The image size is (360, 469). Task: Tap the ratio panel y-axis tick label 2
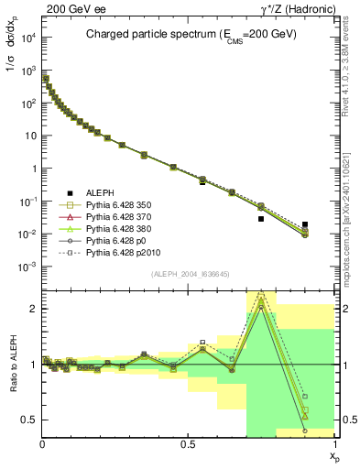point(32,309)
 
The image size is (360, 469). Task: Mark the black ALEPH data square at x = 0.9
point(305,224)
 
